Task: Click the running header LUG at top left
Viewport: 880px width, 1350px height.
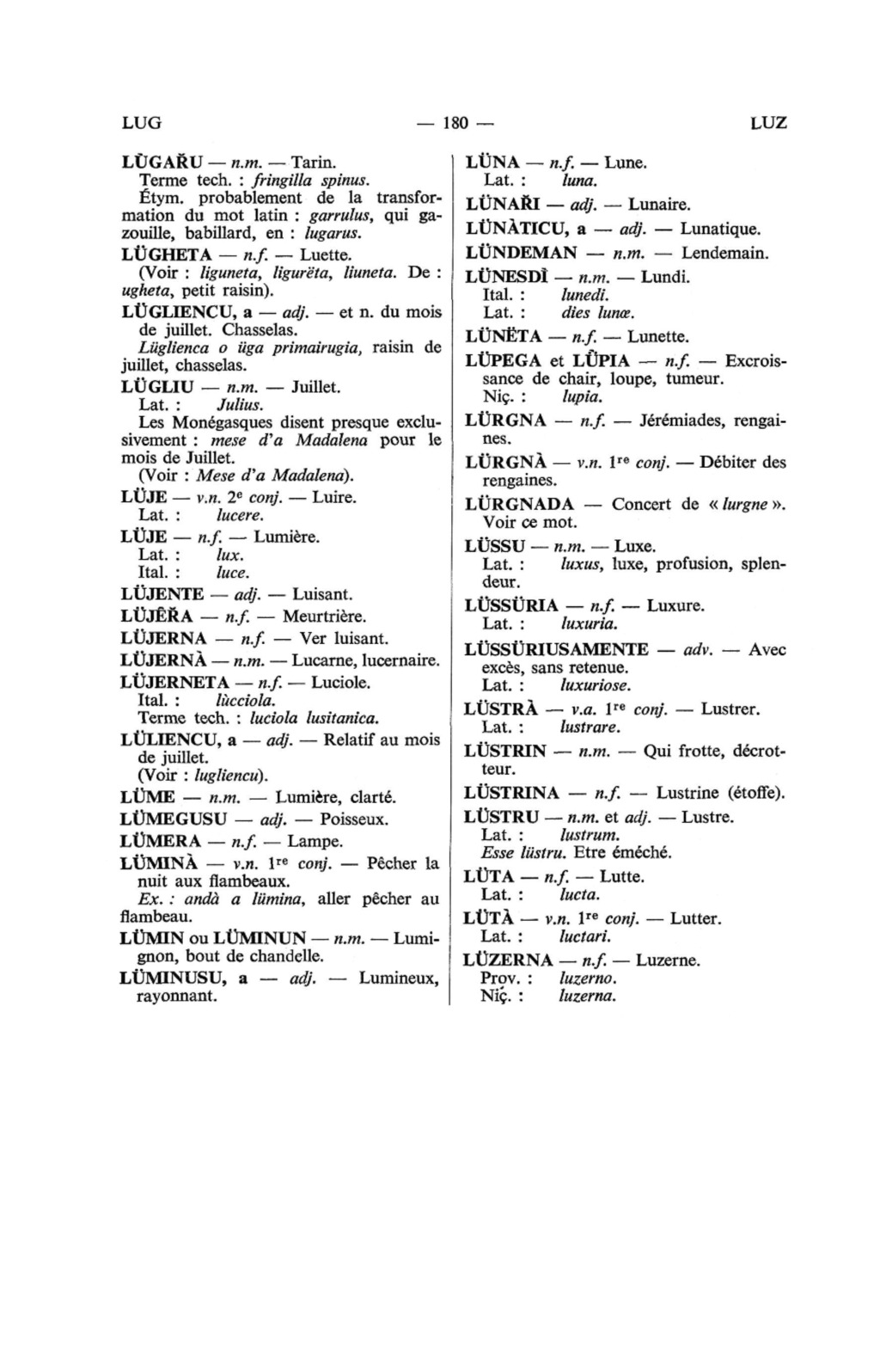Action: [x=142, y=123]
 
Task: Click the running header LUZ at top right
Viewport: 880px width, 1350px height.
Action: [x=768, y=123]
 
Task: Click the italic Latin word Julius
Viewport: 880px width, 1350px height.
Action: [x=240, y=404]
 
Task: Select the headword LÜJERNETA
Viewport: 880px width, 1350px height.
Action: [x=174, y=683]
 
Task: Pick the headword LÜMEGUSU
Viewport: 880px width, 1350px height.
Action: [x=174, y=819]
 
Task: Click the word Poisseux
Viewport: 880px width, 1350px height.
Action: [x=354, y=819]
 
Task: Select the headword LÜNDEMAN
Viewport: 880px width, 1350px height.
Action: [x=521, y=253]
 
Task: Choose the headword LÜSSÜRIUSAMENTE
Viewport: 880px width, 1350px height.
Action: [x=556, y=649]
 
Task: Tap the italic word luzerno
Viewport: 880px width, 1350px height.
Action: [x=588, y=979]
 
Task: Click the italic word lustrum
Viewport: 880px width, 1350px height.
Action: [x=589, y=835]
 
